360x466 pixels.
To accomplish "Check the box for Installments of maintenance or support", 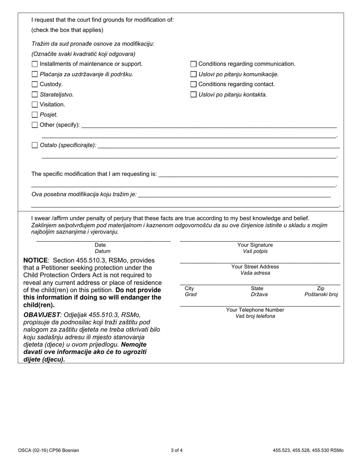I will click(35, 64).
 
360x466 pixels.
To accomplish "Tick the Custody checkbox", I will click(35, 84).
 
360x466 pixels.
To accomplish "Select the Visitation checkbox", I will click(35, 105).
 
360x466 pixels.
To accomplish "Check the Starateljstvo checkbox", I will click(35, 94).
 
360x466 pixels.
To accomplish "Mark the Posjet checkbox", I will click(35, 115).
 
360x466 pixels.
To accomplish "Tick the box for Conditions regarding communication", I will click(194, 64).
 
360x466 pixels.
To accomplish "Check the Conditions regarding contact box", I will click(194, 84).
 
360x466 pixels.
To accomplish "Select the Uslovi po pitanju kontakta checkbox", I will click(194, 94).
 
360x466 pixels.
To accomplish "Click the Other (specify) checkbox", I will click(35, 125).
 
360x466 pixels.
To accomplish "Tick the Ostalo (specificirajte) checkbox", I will click(35, 145).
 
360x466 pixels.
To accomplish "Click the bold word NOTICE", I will click(36, 260).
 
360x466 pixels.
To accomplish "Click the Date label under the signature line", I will click(100, 245).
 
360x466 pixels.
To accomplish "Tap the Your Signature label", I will click(255, 245).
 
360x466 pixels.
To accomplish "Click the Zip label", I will click(321, 288).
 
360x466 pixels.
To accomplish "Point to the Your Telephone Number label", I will click(255, 310).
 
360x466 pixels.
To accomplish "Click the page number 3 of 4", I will click(177, 450).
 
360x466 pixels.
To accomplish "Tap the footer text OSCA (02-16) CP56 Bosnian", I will click(49, 450).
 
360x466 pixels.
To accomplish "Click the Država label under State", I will click(257, 294).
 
